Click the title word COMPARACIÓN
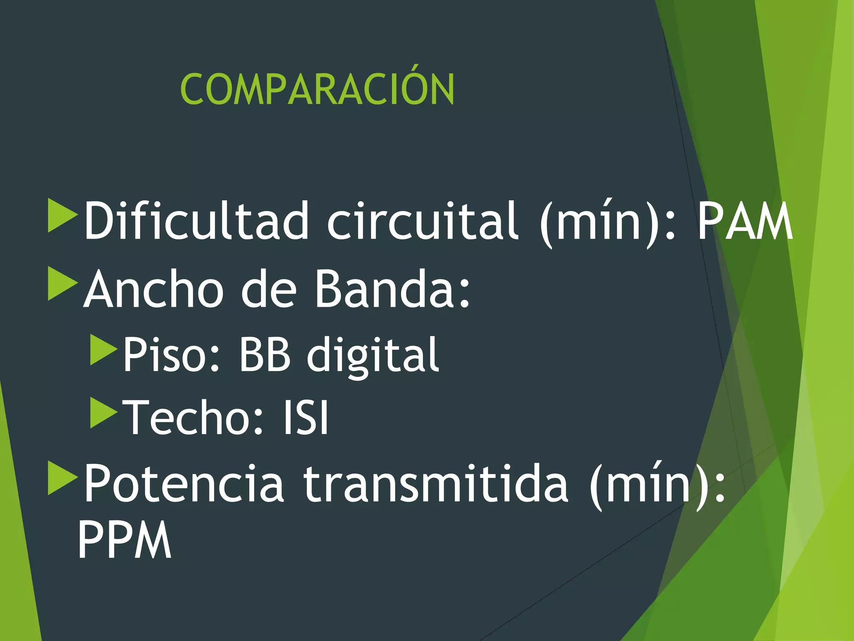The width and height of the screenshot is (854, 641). (x=317, y=89)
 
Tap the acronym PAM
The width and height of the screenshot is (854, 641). (x=745, y=221)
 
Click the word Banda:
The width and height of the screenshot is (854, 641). (x=392, y=289)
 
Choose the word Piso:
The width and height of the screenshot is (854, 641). (x=171, y=355)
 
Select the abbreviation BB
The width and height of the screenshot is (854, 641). (x=264, y=355)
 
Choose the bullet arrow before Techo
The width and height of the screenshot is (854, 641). (x=104, y=413)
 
